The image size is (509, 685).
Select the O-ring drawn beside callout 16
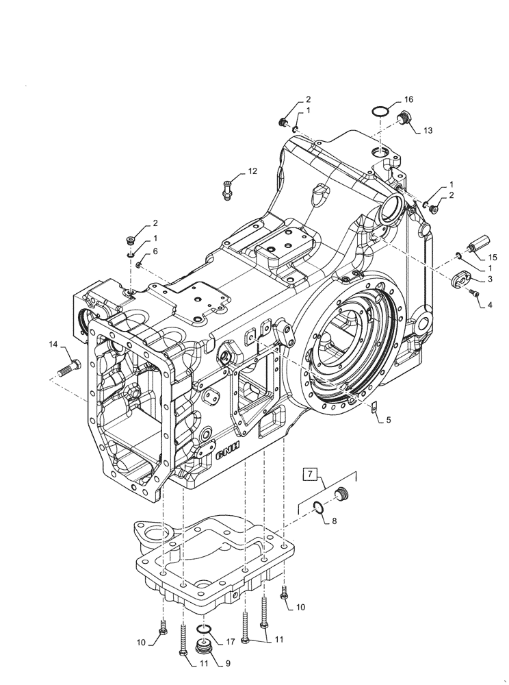380,112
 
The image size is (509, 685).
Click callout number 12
252,171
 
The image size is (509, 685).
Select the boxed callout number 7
309,473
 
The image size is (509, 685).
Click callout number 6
155,251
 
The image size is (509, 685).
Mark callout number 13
428,130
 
